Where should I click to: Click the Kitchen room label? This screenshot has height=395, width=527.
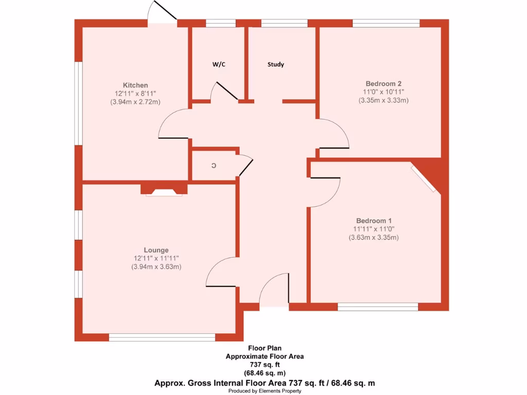pos(135,85)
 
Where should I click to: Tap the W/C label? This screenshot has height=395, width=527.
pos(219,64)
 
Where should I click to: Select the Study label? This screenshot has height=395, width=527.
pos(276,64)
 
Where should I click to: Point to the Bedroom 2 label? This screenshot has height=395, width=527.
pos(383,83)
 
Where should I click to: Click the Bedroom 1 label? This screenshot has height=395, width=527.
pos(373,220)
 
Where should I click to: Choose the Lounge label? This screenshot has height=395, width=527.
pos(156,250)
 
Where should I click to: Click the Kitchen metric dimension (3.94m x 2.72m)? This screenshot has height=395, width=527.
pos(135,102)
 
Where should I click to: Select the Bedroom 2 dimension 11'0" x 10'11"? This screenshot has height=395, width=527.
pos(383,92)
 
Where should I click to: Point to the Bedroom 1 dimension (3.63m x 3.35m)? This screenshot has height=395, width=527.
pos(373,237)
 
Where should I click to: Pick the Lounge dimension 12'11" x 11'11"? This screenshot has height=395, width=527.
pos(156,259)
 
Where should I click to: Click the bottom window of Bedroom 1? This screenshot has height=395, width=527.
pos(378,307)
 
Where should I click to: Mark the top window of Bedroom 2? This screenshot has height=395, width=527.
pos(386,23)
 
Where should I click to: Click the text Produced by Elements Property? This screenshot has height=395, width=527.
pos(265,391)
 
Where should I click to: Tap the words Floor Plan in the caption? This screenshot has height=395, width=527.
pos(265,348)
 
